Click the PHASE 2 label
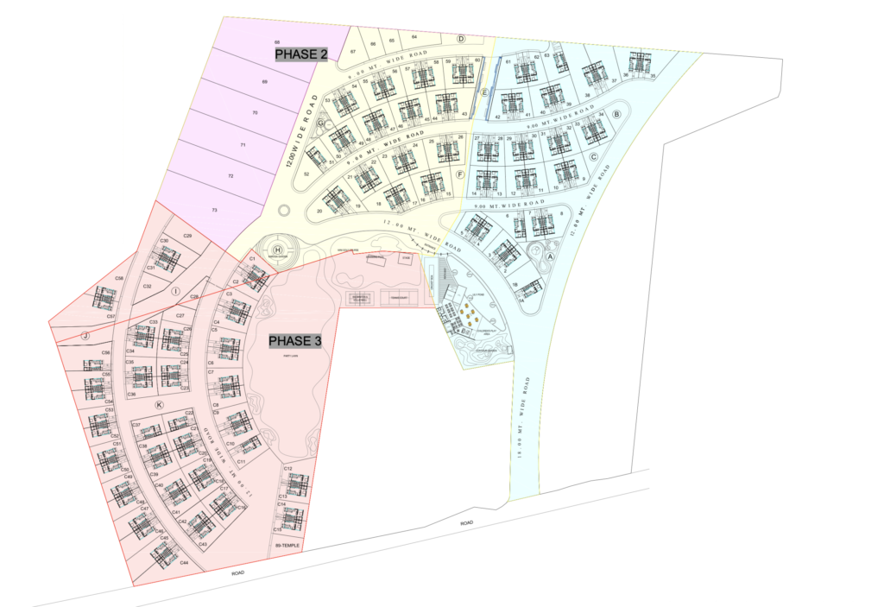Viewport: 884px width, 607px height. [x=301, y=54]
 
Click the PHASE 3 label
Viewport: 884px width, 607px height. [x=294, y=341]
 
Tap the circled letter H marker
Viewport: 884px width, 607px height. [x=278, y=250]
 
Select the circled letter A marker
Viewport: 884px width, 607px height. [x=551, y=255]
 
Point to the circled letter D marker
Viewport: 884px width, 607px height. [x=461, y=39]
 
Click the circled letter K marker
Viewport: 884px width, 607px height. [x=159, y=405]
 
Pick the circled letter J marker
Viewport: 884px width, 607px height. [x=85, y=335]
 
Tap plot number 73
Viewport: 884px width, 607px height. [x=213, y=210]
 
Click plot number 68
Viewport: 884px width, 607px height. [x=277, y=42]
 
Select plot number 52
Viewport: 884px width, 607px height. [x=307, y=174]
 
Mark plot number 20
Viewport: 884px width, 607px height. [x=319, y=211]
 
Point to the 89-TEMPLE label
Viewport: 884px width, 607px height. [x=286, y=547]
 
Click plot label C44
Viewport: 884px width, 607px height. [x=185, y=562]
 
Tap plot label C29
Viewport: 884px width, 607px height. [x=187, y=236]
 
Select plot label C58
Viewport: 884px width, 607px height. [x=120, y=278]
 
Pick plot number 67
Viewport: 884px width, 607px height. [x=353, y=52]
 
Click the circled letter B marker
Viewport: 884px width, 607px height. [x=616, y=113]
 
